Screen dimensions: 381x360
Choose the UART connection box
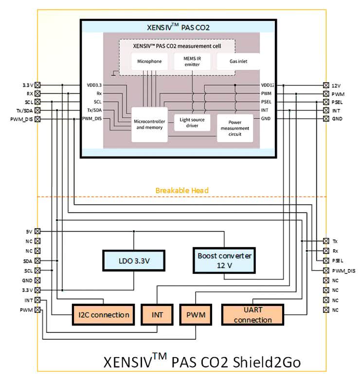pos(252,314)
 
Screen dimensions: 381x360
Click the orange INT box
pos(157,314)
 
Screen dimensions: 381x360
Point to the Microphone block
pos(149,62)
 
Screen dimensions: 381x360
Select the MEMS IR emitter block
pos(193,62)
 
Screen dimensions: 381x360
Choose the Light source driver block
pos(193,123)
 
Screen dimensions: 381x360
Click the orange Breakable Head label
pos(182,190)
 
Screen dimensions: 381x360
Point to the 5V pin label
pos(29,232)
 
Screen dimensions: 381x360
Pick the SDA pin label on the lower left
pos(28,261)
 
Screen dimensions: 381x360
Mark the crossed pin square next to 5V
pos(37,232)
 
